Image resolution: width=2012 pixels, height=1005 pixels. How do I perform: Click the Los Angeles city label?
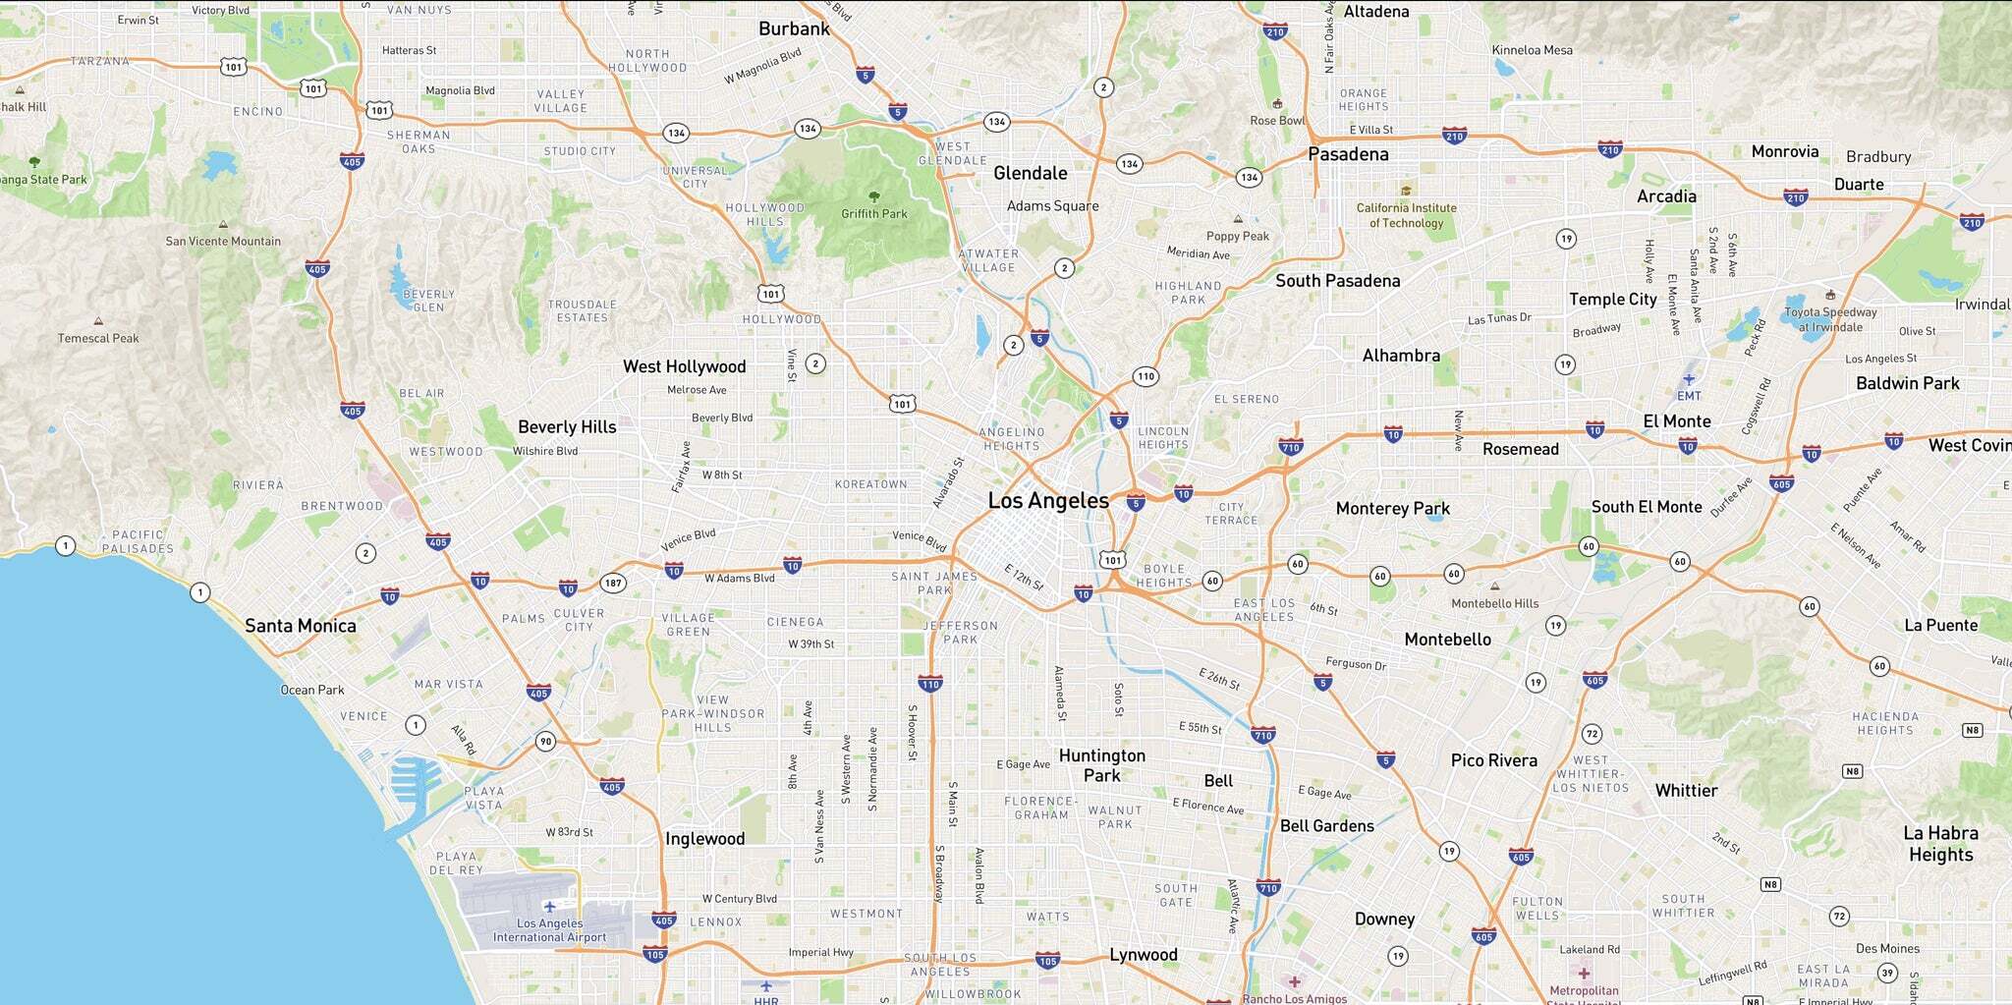tap(1048, 501)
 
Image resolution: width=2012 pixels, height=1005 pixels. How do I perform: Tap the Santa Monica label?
tap(300, 626)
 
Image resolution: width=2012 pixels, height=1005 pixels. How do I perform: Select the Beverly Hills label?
tap(567, 427)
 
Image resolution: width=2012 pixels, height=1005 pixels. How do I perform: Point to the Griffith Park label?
tap(874, 213)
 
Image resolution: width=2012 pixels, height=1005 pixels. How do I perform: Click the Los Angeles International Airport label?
tap(549, 930)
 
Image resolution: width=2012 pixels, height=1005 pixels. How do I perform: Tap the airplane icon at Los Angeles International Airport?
tap(549, 906)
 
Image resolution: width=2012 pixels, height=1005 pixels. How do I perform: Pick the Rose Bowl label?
tap(1277, 121)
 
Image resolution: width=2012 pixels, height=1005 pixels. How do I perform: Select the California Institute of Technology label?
tap(1406, 215)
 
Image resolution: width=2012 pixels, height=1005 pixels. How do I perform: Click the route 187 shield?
tap(613, 584)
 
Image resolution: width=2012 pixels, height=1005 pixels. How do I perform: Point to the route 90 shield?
tap(545, 742)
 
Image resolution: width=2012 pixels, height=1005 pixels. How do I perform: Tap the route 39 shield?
tap(1886, 974)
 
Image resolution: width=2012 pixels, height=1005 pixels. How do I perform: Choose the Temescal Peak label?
tap(98, 338)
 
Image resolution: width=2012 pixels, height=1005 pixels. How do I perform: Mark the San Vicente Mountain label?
tap(223, 241)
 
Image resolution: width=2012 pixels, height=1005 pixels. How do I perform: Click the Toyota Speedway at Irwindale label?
tap(1830, 319)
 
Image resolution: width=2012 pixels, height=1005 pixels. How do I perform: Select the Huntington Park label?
tap(1101, 765)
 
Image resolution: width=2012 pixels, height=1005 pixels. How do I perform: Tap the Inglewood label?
tap(704, 839)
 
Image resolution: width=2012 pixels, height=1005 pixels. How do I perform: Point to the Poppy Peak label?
tap(1238, 236)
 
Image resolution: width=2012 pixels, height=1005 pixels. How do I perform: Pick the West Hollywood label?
tap(684, 366)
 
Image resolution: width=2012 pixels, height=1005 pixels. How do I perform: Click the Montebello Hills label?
tap(1494, 603)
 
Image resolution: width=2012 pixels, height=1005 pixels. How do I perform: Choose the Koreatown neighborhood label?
tap(870, 484)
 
